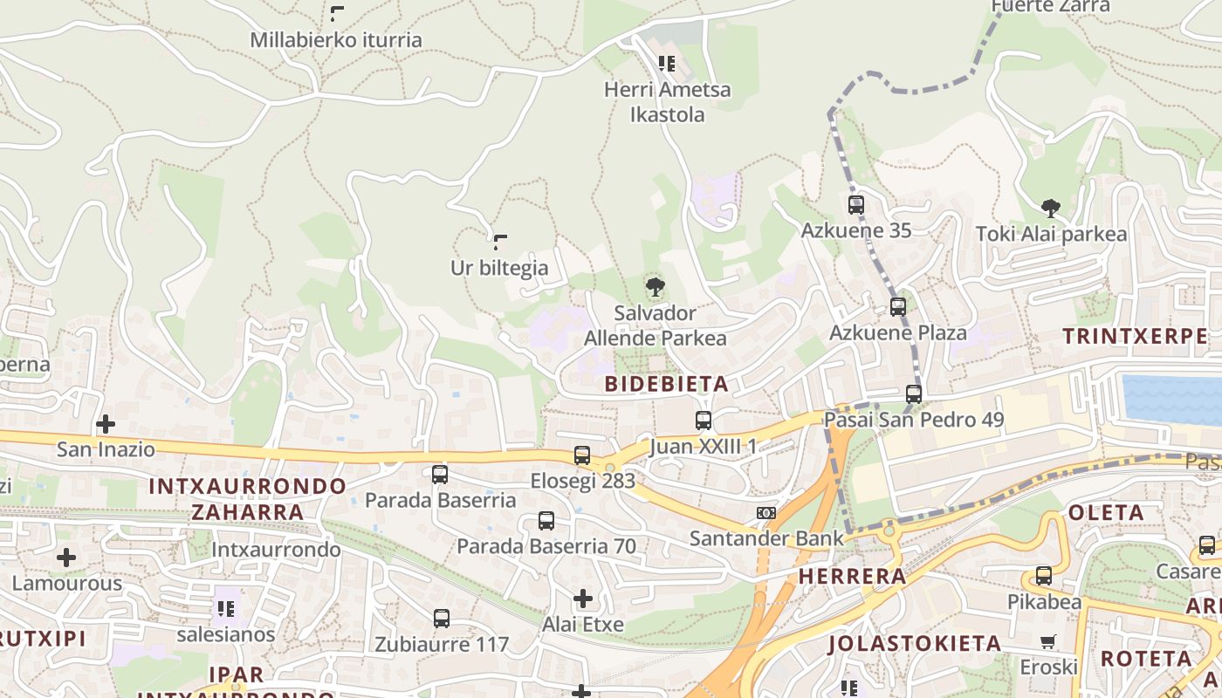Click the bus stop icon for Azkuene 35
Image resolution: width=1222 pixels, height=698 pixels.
[x=856, y=205]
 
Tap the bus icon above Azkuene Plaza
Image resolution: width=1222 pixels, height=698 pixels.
[x=897, y=307]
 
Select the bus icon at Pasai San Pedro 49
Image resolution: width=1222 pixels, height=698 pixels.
[x=914, y=394]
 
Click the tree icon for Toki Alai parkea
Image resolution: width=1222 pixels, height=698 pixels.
[x=1051, y=209]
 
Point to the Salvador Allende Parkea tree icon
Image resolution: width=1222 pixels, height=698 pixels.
[x=655, y=286]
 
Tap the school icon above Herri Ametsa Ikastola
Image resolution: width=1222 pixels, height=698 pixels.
[x=667, y=64]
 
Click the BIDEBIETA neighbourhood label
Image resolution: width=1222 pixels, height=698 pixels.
[x=667, y=384]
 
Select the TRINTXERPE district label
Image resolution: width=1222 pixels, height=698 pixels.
[x=1135, y=336]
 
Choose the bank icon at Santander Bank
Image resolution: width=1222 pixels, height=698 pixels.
[x=766, y=513]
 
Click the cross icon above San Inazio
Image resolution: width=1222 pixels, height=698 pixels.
[x=106, y=424]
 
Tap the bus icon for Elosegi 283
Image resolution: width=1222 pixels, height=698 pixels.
[x=582, y=455]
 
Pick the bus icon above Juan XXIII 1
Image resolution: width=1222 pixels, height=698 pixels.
[x=704, y=421]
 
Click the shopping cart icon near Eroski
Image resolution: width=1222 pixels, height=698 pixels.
[x=1048, y=641]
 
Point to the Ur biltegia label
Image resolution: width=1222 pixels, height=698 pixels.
[x=499, y=268]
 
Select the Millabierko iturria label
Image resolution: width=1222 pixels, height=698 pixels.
[x=336, y=40]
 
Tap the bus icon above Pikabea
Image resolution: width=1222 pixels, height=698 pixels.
[x=1044, y=576]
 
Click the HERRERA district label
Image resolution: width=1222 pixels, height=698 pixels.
[x=852, y=576]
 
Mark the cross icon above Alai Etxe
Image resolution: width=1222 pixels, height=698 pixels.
[x=583, y=599]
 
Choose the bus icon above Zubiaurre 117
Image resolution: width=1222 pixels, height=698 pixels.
[x=442, y=619]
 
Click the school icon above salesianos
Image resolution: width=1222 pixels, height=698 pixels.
[x=226, y=608]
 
